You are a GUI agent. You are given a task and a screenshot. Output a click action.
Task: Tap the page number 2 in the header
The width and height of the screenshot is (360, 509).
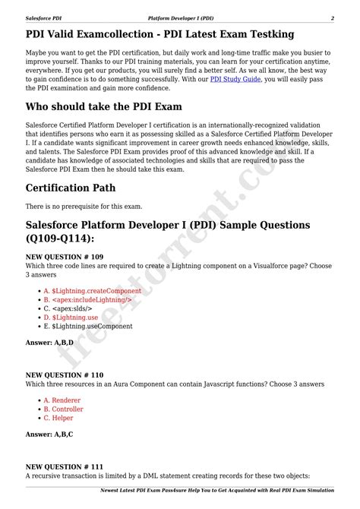[x=332, y=17]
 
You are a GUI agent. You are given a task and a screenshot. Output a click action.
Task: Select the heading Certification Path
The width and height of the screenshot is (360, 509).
[x=71, y=188]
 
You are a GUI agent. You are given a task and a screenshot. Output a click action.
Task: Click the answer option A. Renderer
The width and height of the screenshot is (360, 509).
[x=62, y=400]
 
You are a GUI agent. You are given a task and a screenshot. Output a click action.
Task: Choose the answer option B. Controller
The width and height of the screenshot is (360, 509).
[x=63, y=409]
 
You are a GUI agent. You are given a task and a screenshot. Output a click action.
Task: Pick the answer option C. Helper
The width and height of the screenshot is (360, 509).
[x=58, y=418]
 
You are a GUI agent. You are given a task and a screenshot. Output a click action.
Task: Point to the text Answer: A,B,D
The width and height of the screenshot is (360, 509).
[x=49, y=343]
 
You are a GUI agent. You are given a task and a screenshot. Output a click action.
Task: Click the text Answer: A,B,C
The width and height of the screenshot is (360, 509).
[x=49, y=434]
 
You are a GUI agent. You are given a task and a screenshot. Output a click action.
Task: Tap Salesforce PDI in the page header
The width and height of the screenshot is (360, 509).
[x=45, y=17]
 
